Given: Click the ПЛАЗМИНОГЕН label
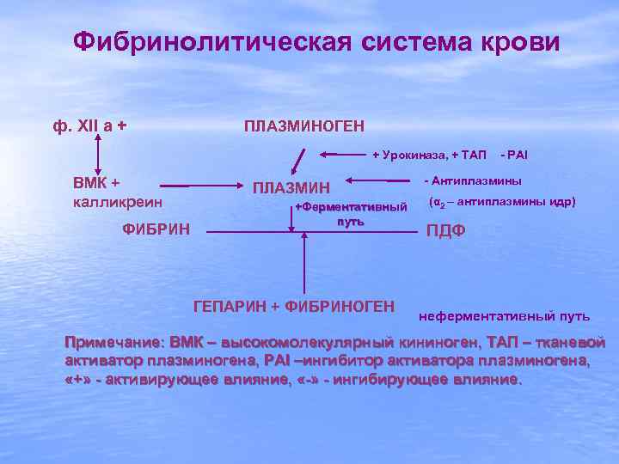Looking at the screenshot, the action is [304, 126].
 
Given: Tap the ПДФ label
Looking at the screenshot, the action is [446, 231].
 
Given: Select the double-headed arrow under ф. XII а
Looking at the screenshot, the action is [97, 156].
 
